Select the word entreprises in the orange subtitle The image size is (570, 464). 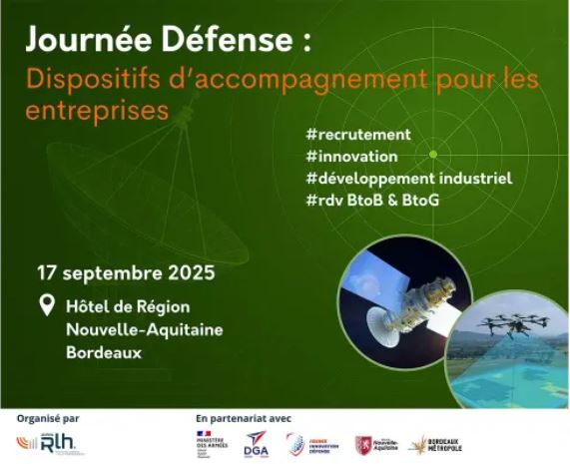97,109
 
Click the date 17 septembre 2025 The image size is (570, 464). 126,272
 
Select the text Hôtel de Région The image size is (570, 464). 127,307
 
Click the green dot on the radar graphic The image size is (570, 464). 433,154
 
